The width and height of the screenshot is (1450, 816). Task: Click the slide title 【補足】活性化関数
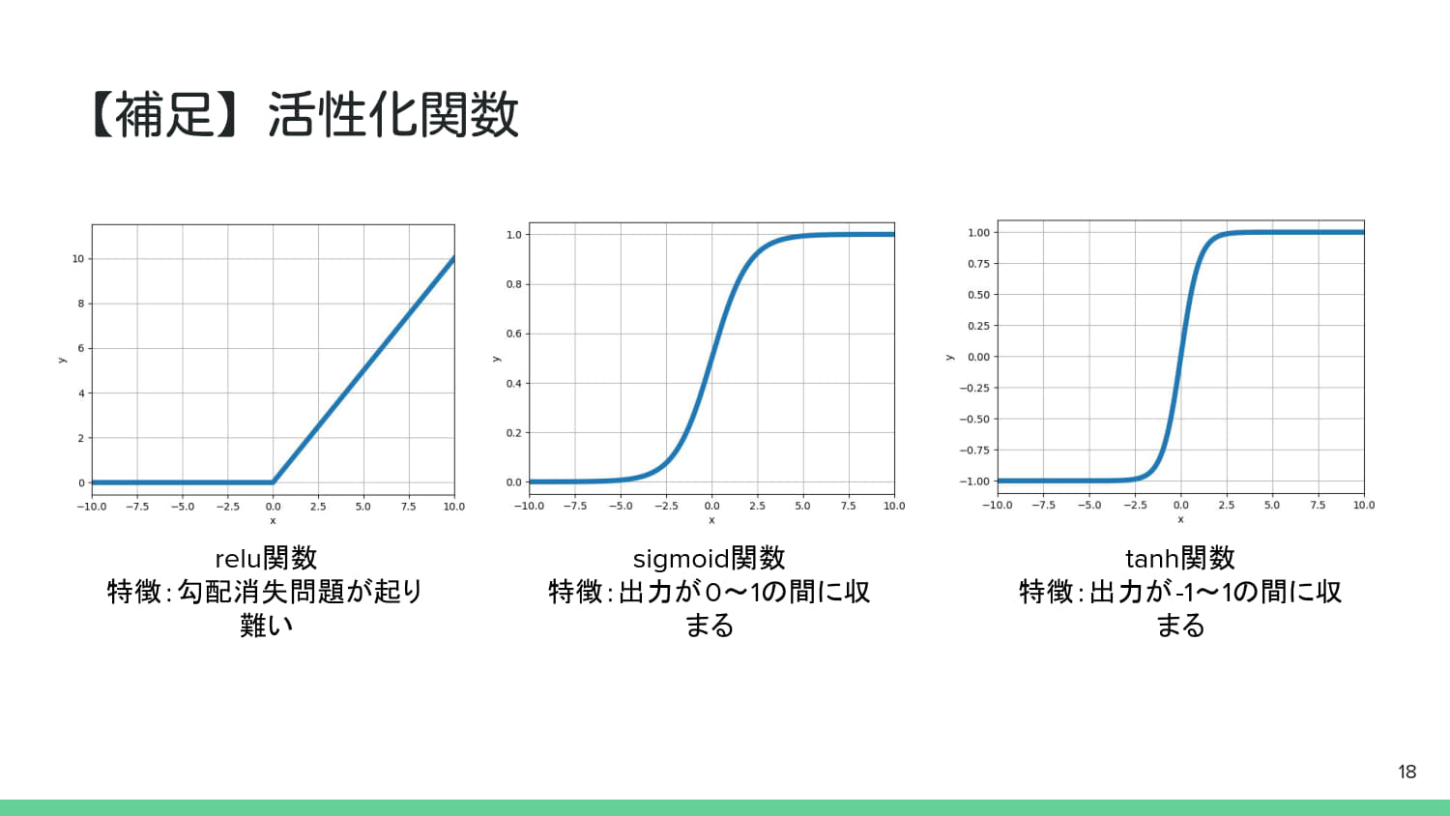pos(304,114)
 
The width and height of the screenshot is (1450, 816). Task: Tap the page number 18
pos(1406,772)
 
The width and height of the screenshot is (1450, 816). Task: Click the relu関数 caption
pos(266,558)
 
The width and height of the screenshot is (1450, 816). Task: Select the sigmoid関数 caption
pos(709,558)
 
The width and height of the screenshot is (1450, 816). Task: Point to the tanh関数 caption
pos(1179,558)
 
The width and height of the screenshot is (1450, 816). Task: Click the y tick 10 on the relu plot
pos(78,259)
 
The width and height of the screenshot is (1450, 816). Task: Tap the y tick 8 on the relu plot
pos(81,304)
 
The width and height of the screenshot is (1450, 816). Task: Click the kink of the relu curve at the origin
pos(274,482)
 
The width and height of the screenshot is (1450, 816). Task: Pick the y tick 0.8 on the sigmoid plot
pos(513,284)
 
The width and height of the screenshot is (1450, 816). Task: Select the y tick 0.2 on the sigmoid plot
pos(513,433)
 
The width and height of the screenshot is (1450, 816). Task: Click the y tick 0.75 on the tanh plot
pos(978,264)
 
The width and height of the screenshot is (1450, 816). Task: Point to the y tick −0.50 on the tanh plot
pos(974,420)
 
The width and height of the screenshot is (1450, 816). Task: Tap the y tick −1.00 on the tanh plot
pos(974,481)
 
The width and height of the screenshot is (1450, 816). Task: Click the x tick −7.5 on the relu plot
pos(136,507)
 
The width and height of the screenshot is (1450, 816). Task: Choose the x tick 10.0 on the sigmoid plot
pos(894,506)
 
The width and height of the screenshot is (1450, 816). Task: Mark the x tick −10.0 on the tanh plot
pos(997,506)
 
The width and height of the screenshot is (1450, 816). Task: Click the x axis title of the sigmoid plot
pos(711,520)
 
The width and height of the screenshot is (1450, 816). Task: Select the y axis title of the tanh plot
pos(949,357)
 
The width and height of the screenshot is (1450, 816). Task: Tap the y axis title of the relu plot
pos(62,360)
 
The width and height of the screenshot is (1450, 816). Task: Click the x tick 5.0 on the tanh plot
pos(1272,506)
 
